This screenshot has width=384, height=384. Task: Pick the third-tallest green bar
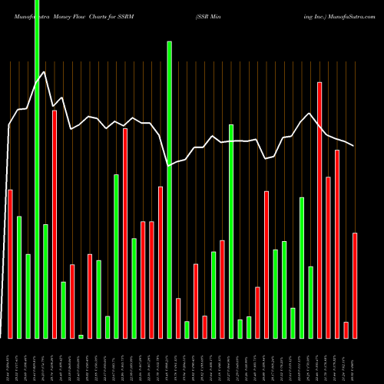click(231, 230)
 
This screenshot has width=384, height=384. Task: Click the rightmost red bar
click(355, 285)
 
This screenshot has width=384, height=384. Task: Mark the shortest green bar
click(81, 336)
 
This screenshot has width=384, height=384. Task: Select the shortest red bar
click(346, 329)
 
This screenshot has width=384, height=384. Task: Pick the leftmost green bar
click(19, 277)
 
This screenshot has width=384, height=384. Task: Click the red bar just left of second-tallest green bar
click(161, 262)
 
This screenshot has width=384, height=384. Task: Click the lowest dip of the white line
click(169, 165)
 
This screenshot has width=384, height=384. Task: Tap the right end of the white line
click(354, 145)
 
